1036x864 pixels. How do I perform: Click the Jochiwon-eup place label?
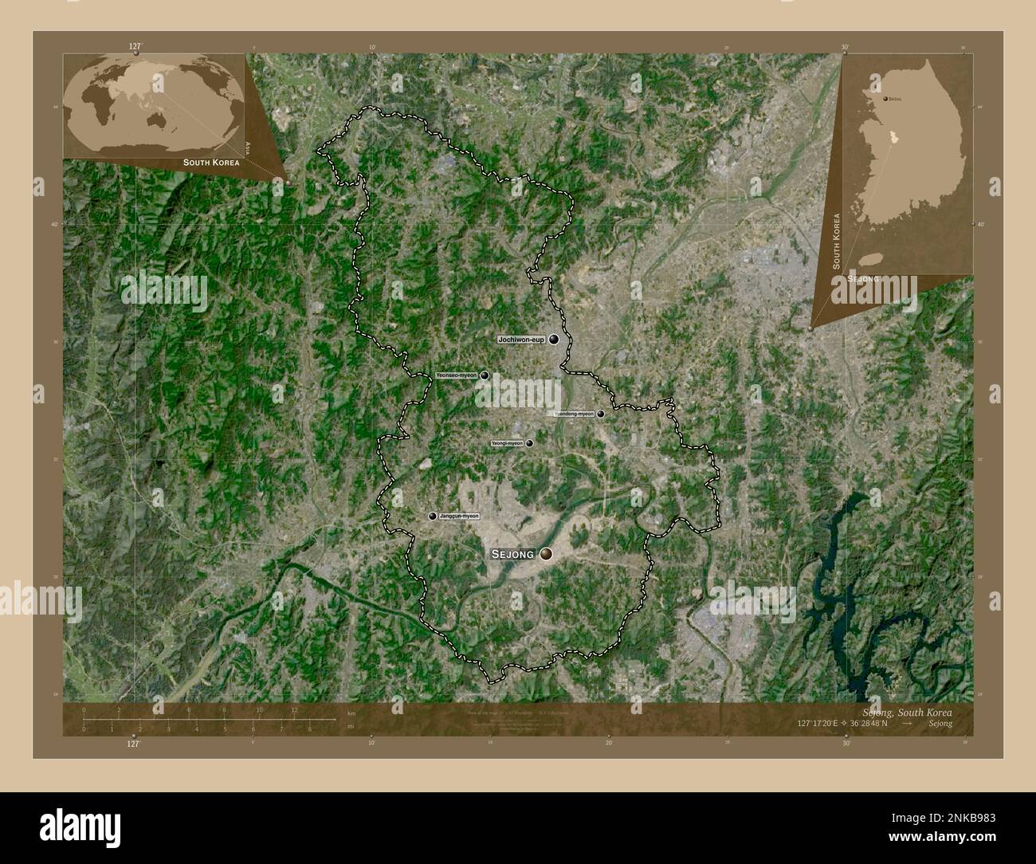(520, 340)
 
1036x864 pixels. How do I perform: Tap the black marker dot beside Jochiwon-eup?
(553, 340)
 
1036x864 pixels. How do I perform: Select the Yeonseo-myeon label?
(456, 375)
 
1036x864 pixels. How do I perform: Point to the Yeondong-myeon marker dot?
(601, 414)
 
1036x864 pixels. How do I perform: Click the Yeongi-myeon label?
(507, 443)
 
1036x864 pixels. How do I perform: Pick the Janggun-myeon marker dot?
(433, 516)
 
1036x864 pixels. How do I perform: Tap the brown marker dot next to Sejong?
(547, 554)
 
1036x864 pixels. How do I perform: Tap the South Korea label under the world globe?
(210, 162)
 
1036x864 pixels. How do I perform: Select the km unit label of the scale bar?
(351, 713)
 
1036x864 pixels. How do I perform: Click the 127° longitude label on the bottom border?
(133, 742)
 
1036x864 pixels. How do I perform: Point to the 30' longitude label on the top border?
(845, 47)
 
